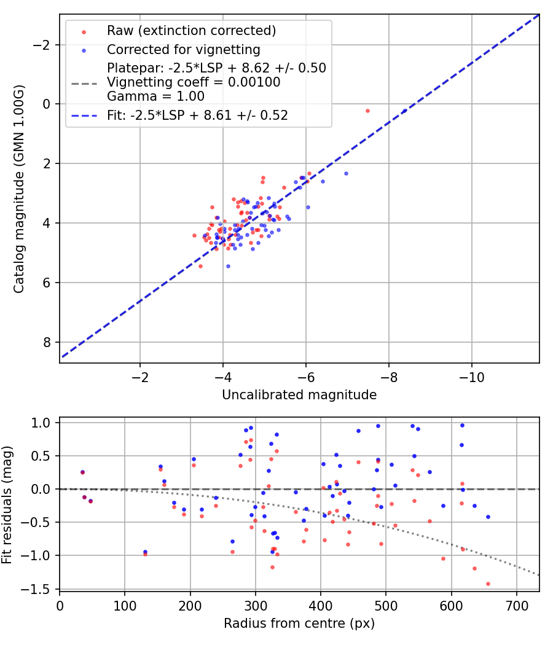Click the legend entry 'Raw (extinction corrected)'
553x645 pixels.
[x=191, y=31]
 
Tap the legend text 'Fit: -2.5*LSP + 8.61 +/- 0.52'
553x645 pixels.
[x=197, y=115]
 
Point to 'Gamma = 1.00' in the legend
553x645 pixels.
[x=155, y=96]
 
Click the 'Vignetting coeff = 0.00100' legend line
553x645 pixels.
[x=194, y=82]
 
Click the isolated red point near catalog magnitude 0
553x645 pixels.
[x=367, y=111]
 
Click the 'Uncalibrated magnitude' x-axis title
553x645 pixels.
[x=299, y=395]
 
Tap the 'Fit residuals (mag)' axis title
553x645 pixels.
[x=7, y=504]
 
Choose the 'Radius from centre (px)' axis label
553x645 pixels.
[x=299, y=623]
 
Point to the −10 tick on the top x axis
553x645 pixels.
[x=471, y=376]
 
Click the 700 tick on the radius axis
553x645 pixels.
[x=516, y=605]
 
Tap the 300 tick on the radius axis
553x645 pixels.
[x=190, y=605]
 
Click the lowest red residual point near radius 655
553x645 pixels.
[x=488, y=584]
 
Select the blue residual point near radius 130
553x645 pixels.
[x=145, y=552]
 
